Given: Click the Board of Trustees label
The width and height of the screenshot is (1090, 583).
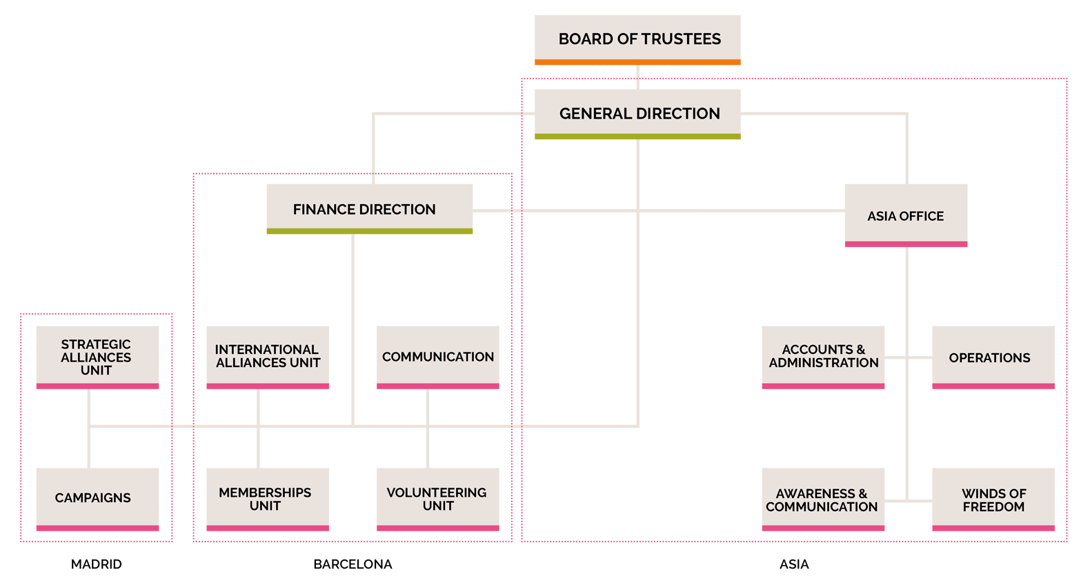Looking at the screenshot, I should (x=640, y=39).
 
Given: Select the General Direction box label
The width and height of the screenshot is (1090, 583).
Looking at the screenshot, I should (x=640, y=114).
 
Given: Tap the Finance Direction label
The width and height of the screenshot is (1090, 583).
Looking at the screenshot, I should (x=364, y=210).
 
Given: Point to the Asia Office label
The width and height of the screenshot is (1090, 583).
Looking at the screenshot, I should (x=905, y=217).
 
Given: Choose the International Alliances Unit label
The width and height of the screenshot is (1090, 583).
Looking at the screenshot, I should (x=268, y=356).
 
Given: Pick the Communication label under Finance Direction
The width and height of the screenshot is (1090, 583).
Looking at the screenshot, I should (x=438, y=357).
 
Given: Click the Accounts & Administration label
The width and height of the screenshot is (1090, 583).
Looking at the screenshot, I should (x=824, y=356).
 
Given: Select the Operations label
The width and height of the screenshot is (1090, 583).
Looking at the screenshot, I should (x=989, y=358).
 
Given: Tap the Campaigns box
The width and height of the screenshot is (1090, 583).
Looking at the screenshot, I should (x=93, y=498).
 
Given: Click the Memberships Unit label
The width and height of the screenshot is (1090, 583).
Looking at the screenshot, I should (x=265, y=499).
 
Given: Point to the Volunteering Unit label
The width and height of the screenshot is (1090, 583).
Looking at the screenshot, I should (x=437, y=499).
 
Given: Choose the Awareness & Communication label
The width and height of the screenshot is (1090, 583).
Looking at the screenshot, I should (x=822, y=500).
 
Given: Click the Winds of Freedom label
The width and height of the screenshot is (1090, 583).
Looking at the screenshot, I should (x=993, y=500).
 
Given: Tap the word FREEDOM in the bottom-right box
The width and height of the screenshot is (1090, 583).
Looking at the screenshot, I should (x=993, y=507).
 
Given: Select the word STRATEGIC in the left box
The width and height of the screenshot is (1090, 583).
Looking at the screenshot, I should (x=96, y=344).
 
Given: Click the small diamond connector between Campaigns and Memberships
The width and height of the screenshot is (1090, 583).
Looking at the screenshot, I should (x=183, y=426).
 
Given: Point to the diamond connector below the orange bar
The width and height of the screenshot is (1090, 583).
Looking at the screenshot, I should (x=638, y=72).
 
